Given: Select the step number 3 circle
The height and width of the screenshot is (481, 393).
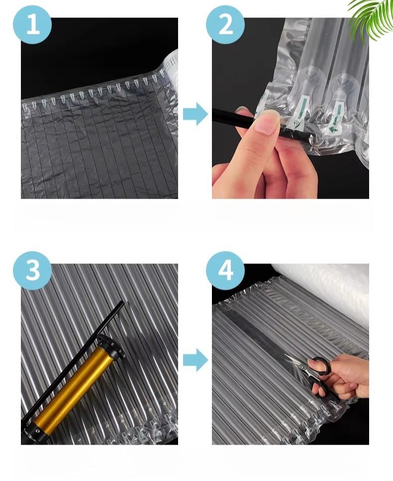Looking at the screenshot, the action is click(x=32, y=270).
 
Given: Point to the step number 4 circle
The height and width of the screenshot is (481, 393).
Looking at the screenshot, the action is click(x=225, y=270).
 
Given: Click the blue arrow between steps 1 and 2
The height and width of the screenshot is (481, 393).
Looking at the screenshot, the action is click(x=196, y=114).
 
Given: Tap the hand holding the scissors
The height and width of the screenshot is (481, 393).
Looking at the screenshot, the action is click(x=343, y=378).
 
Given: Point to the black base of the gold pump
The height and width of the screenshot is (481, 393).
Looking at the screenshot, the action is click(x=33, y=431).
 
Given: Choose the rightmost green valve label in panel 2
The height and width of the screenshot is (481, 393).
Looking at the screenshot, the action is click(x=335, y=117).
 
